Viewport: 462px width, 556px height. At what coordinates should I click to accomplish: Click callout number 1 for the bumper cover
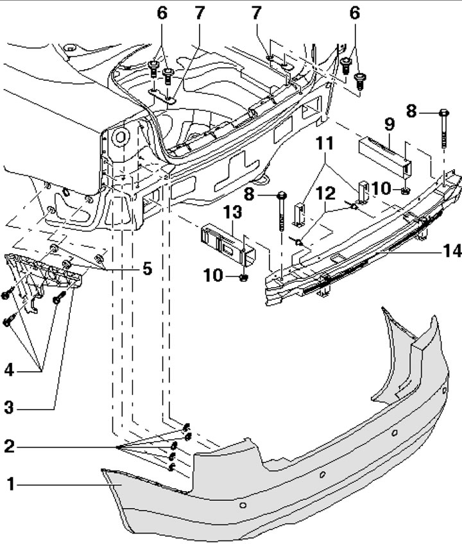(x=8, y=485)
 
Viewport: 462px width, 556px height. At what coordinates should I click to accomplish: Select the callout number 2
(x=8, y=446)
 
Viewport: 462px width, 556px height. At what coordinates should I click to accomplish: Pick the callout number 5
(x=148, y=269)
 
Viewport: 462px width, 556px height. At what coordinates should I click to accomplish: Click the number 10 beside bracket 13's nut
(x=214, y=276)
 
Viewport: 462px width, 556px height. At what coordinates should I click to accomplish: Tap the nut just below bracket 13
(x=244, y=277)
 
